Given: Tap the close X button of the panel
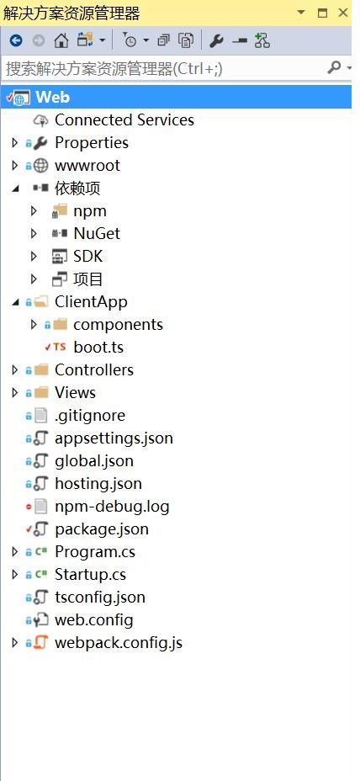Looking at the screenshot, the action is [343, 13].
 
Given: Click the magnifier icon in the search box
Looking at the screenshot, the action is [334, 67].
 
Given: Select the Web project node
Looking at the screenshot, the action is [52, 97].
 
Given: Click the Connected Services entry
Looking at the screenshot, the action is [124, 120].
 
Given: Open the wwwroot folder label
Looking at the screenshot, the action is [87, 165].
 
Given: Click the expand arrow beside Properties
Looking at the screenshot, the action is [15, 143].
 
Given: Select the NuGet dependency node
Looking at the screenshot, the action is [97, 234].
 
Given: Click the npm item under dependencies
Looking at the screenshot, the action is [90, 211].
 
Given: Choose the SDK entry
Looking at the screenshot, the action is [87, 257].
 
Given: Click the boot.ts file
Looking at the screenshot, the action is [98, 348].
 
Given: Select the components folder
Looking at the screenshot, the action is [118, 325].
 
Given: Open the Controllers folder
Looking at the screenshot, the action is [94, 370].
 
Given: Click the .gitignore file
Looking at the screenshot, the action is [90, 416].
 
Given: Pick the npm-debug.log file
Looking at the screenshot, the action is [112, 507].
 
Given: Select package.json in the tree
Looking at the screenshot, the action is [102, 529].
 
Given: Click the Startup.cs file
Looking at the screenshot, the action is [90, 575].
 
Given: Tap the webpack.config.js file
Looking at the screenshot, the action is [119, 643].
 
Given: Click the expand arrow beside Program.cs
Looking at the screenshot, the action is [15, 552].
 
